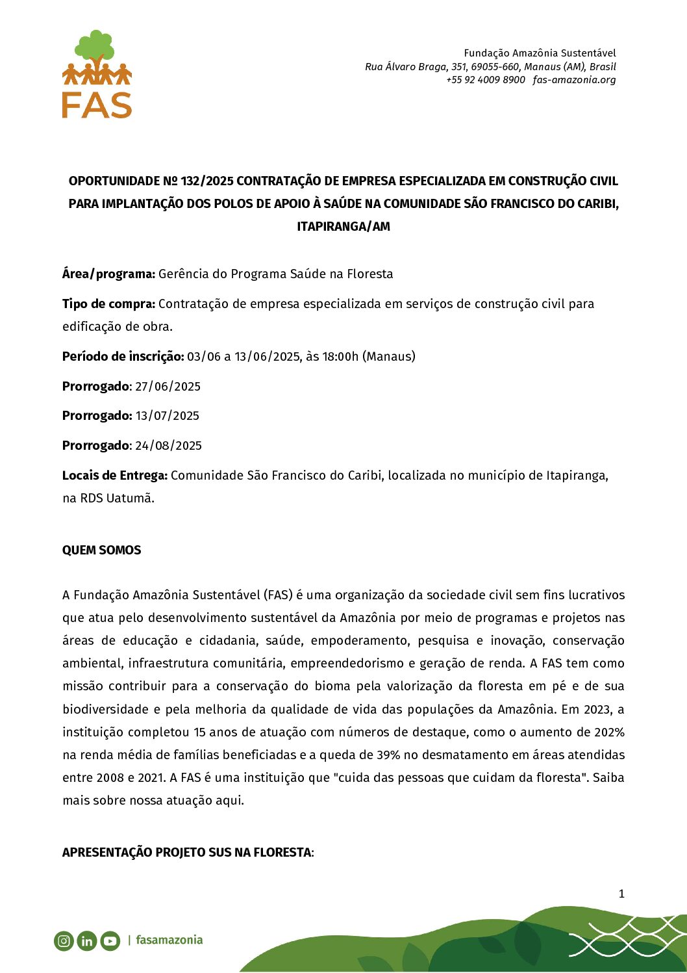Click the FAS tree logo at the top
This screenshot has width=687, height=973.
[97, 73]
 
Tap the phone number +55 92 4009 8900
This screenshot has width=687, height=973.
[485, 80]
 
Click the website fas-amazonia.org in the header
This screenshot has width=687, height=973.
[574, 80]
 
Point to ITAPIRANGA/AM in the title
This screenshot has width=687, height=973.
[343, 226]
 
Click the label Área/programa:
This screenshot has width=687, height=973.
[108, 274]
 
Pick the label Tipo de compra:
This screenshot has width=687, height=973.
[108, 304]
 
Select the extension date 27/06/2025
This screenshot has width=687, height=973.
[168, 386]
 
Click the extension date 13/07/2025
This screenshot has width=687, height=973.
[168, 415]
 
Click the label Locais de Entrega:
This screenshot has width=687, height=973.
[115, 475]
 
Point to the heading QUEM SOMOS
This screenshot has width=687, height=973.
[102, 550]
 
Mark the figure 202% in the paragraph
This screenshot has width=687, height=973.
[609, 732]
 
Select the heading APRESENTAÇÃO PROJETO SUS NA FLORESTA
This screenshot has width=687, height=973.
[187, 852]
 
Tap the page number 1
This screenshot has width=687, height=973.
[621, 894]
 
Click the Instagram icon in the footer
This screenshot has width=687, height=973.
[64, 941]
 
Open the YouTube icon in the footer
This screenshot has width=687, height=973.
[110, 941]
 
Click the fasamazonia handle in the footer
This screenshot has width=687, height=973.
[169, 940]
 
